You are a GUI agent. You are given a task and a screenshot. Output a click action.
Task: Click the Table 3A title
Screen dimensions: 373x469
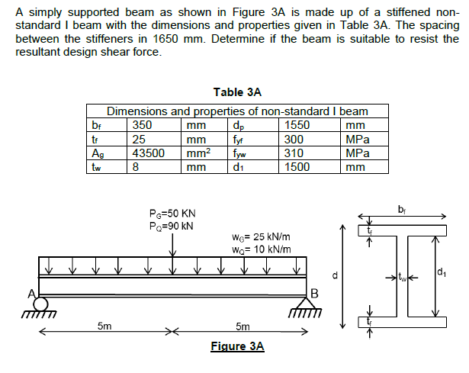(x=237, y=92)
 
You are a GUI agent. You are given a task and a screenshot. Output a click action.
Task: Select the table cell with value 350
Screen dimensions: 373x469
(x=142, y=126)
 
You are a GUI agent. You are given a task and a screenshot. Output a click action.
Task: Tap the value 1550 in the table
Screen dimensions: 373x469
(x=296, y=126)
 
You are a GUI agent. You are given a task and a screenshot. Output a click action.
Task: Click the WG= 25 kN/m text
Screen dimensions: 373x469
(x=260, y=237)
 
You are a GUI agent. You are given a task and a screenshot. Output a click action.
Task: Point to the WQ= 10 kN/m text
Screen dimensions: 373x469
(x=260, y=249)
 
